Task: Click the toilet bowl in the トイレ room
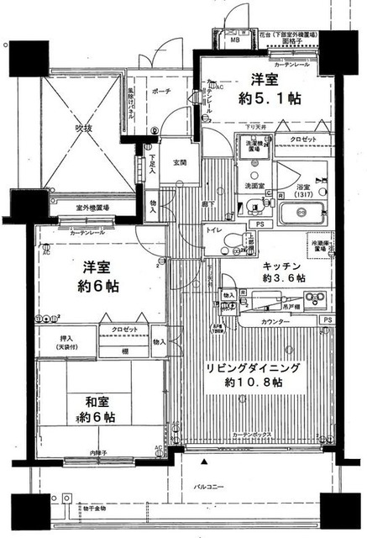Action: (228, 245)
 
